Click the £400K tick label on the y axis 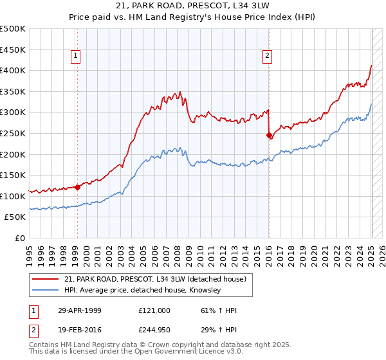pos(13,70)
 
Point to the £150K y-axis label pos(13,175)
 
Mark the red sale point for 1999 pos(77,188)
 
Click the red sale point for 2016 pos(269,135)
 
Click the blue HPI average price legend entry pos(142,291)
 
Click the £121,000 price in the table pos(154,310)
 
